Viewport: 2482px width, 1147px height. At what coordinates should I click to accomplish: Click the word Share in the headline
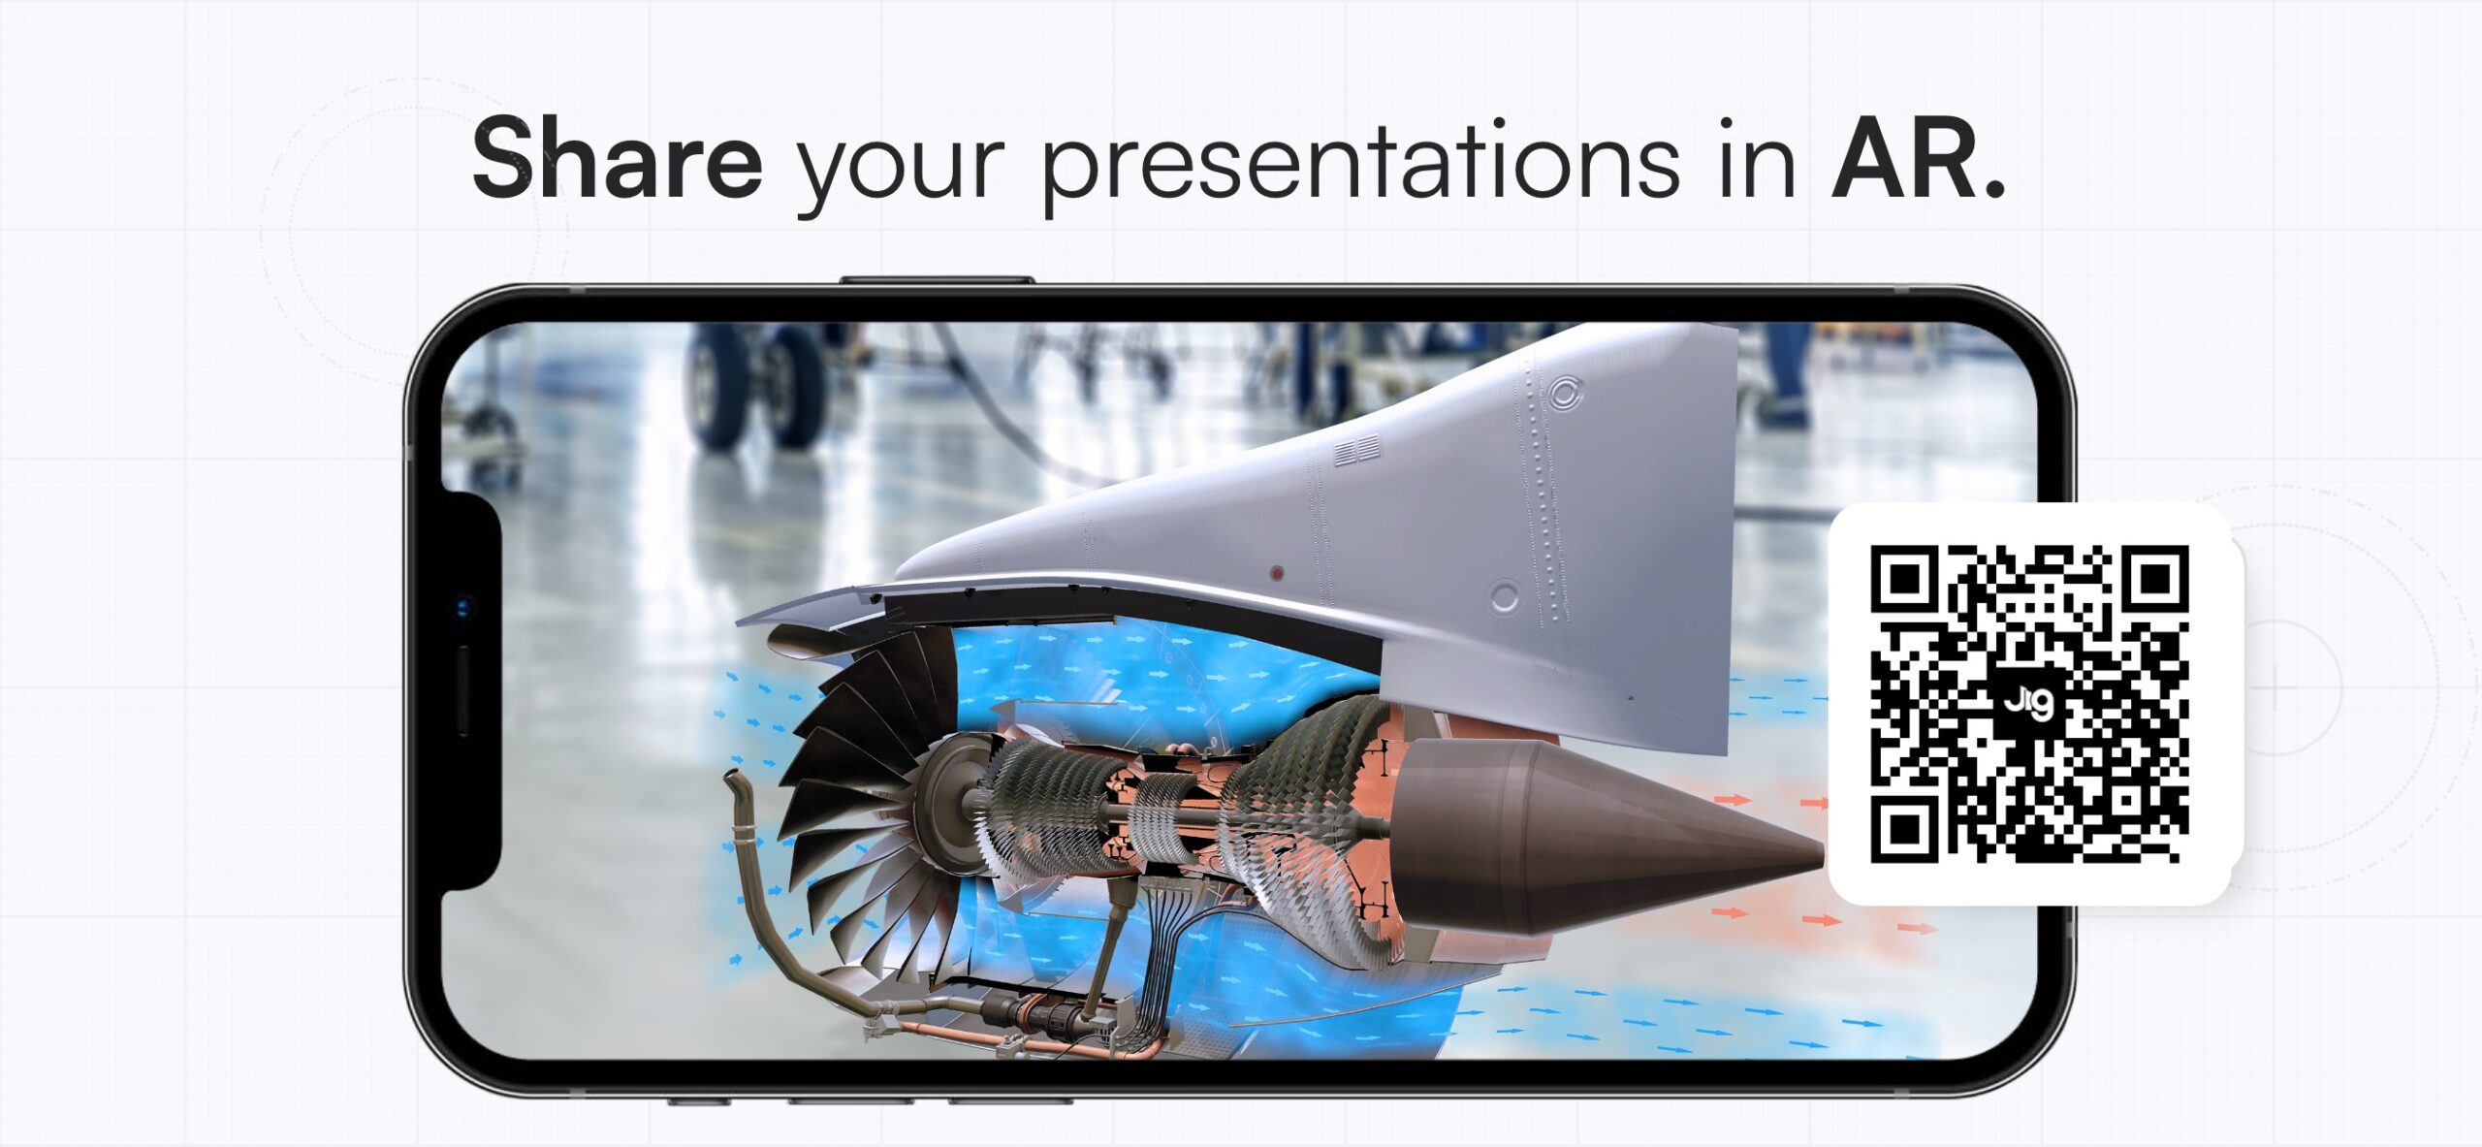pos(618,157)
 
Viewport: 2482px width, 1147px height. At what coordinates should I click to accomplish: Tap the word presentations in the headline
pos(1360,162)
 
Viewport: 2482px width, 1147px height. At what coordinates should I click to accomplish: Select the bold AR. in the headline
pos(1917,158)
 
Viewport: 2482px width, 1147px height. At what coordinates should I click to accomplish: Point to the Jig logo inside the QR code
pos(2028,701)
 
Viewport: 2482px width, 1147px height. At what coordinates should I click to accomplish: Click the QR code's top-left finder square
pos(1906,580)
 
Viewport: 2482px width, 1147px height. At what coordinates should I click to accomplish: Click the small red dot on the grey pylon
pos(1277,574)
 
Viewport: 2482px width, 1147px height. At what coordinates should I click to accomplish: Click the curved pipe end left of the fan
pos(735,781)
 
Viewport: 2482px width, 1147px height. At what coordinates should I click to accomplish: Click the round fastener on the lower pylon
pos(1504,597)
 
